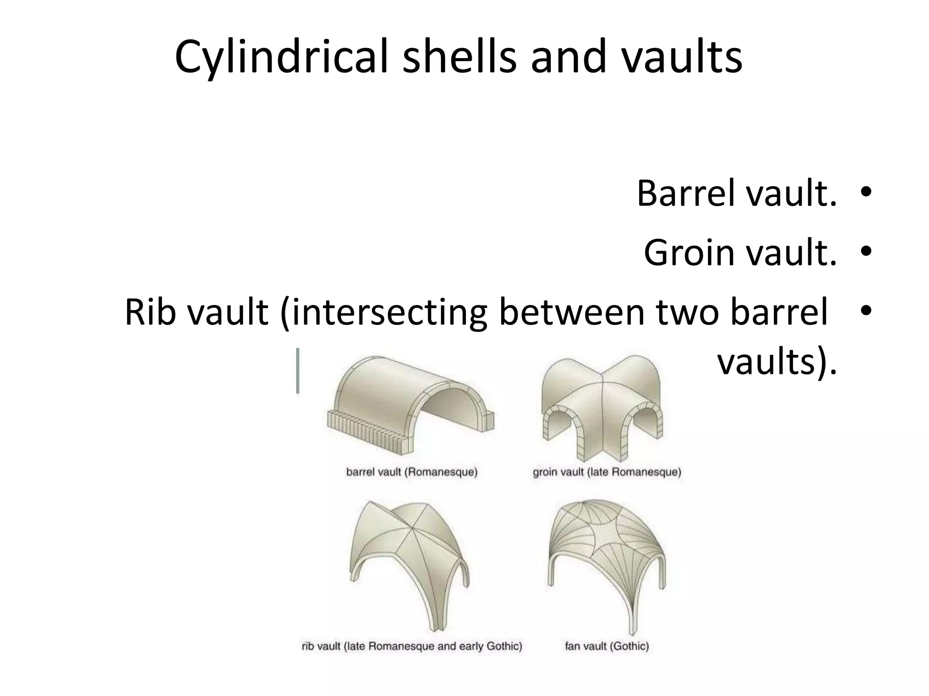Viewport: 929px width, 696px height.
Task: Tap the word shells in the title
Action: tap(459, 57)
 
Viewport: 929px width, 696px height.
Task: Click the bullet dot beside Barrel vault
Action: tap(865, 192)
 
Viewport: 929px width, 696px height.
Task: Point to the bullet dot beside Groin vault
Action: tap(865, 251)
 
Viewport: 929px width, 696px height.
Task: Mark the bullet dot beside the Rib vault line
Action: tap(865, 311)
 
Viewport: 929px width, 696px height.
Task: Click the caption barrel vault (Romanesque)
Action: tap(411, 472)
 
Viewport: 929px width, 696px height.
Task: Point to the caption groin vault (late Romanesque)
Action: tap(607, 472)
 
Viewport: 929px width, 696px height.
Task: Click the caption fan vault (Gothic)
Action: tap(606, 646)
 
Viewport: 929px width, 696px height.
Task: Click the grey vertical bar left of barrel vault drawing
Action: tap(298, 371)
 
